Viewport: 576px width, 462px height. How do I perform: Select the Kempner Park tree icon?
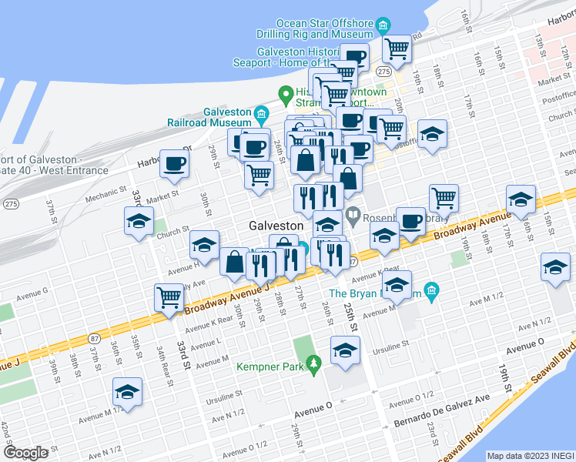[x=313, y=362]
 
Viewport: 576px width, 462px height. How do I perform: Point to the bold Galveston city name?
[x=276, y=226]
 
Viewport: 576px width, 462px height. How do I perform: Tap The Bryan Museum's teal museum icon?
[x=432, y=290]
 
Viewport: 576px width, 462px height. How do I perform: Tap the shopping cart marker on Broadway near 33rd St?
[x=168, y=296]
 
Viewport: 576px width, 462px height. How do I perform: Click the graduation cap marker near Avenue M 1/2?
[x=127, y=391]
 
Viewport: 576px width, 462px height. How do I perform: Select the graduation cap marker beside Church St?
[x=139, y=220]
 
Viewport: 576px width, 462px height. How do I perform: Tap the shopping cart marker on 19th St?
[x=444, y=198]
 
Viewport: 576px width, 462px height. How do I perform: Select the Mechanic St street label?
[x=105, y=197]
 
